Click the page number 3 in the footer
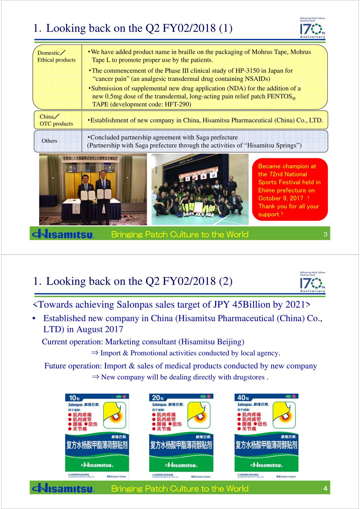325,234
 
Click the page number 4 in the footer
325,488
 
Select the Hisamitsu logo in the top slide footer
63,234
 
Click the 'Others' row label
49,141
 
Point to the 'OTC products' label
56,124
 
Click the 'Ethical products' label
56,60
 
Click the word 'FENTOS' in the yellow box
279,96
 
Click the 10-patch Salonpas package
97,436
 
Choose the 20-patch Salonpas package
181,436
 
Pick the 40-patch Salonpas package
266,436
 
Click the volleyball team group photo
200,189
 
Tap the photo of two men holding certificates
93,189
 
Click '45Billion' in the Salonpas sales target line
249,304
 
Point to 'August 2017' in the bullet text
100,329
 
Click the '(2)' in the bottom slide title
225,281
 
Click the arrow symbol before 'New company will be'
95,377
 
